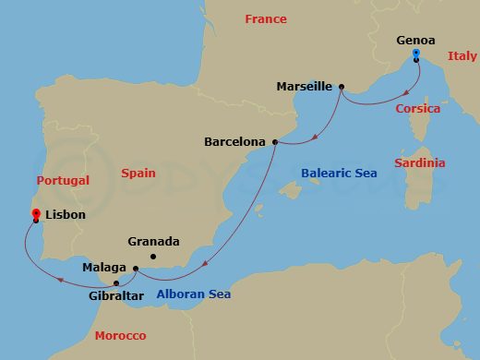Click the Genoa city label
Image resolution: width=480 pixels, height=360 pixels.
click(415, 40)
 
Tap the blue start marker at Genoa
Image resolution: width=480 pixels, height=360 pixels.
click(416, 54)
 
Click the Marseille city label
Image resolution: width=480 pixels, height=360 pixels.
click(304, 87)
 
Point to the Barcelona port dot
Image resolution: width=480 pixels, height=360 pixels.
click(274, 142)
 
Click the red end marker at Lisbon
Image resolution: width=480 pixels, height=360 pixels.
click(35, 214)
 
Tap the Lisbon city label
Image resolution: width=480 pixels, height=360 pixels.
click(65, 215)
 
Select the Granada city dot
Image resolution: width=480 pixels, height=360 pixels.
click(153, 256)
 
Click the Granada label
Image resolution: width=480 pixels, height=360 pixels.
click(153, 242)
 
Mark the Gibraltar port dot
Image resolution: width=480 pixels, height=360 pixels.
click(116, 282)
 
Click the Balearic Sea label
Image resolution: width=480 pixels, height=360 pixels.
click(338, 173)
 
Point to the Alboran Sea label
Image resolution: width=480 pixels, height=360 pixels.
click(193, 294)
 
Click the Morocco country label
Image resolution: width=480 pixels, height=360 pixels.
click(120, 335)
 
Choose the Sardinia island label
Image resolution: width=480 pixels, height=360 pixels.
click(419, 163)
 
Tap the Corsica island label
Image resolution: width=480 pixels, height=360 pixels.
click(417, 109)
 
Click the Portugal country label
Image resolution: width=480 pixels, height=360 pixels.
click(62, 181)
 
